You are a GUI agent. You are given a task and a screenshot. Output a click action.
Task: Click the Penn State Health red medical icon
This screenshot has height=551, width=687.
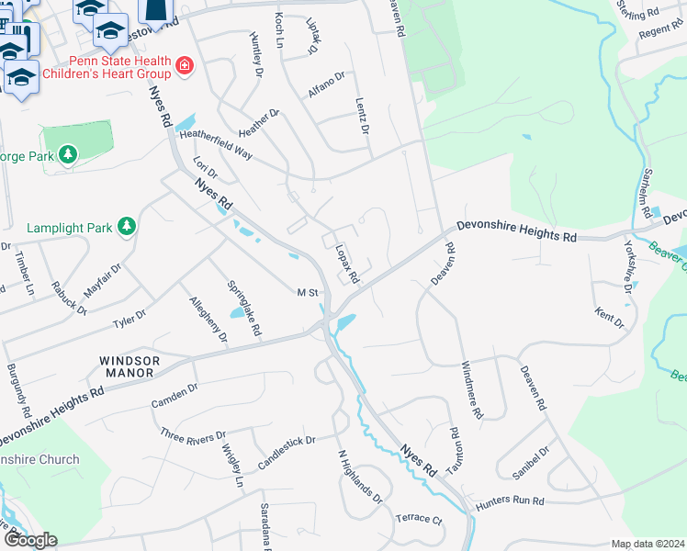pos(185,66)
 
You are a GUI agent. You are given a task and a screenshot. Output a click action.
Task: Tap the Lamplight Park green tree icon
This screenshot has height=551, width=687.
pos(127,226)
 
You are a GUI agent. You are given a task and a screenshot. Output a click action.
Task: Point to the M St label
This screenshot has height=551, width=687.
pos(307,293)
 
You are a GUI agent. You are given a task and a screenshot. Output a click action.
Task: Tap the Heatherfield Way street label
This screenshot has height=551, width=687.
pos(216,144)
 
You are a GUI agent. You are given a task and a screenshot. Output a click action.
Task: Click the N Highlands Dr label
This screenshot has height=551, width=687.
pos(358,478)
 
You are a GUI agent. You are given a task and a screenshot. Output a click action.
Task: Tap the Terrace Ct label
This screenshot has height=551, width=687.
pos(419,518)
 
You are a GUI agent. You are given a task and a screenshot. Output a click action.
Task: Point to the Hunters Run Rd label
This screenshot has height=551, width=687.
pos(511,501)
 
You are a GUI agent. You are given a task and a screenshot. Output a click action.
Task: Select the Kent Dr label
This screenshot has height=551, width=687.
pos(609,318)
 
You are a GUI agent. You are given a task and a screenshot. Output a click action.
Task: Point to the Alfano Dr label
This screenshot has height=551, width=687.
pos(326,88)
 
